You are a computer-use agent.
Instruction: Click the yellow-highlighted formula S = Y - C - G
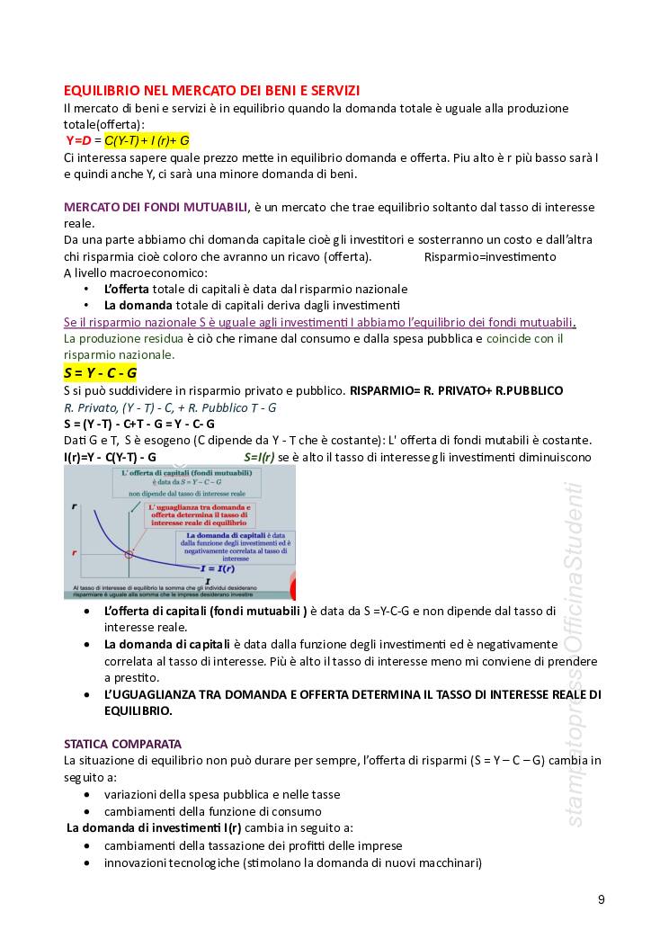click(100, 372)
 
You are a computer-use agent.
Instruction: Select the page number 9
click(601, 899)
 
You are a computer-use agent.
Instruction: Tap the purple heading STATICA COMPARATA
click(122, 744)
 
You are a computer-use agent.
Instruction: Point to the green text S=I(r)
click(259, 457)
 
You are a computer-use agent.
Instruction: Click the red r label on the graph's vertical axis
click(74, 550)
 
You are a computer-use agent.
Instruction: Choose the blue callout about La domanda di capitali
click(232, 546)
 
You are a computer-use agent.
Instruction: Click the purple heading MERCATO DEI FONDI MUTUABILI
click(156, 207)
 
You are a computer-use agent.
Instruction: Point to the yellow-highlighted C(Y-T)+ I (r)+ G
click(147, 140)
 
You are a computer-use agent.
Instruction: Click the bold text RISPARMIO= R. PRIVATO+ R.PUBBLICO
click(456, 390)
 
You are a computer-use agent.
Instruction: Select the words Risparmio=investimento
click(490, 256)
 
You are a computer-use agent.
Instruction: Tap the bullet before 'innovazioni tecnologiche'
click(85, 862)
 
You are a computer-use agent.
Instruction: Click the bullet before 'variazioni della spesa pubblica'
click(85, 794)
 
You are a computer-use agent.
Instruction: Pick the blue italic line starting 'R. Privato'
click(169, 406)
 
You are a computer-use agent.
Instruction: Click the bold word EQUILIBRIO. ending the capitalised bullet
click(138, 710)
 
